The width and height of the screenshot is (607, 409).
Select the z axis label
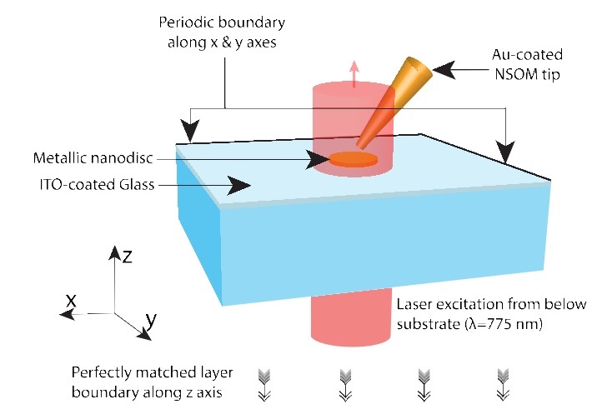coord(128,257)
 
